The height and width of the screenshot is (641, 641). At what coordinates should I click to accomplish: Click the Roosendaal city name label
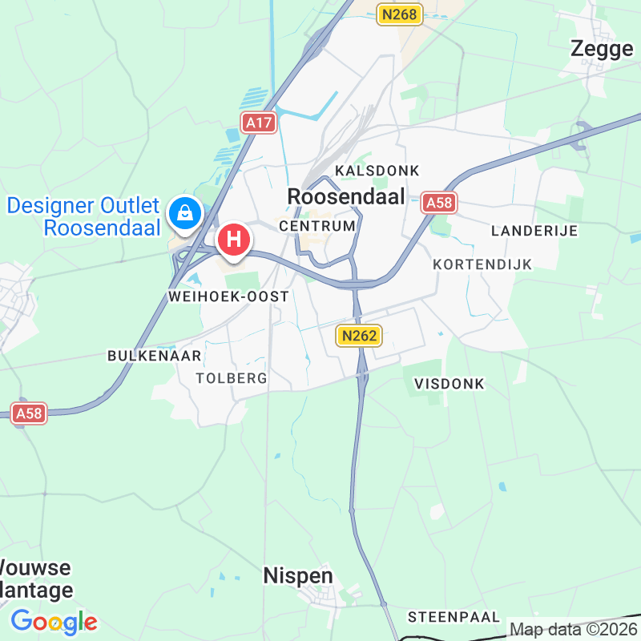345,196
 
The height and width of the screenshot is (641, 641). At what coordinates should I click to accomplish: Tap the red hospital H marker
234,239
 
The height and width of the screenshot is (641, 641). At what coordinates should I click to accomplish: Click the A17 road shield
259,123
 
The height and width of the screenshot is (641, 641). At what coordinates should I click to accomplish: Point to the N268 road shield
399,14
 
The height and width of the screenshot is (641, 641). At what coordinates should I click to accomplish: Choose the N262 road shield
357,336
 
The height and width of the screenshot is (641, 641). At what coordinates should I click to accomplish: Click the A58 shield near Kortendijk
439,203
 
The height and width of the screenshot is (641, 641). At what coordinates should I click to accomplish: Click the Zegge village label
602,49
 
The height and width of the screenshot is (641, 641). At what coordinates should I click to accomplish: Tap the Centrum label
317,227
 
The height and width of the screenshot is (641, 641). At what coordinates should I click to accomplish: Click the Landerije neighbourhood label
534,231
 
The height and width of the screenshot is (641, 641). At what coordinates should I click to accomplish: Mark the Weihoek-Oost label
228,296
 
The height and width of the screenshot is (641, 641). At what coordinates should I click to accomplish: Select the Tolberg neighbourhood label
231,378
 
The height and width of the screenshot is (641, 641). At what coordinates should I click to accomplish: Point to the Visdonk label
450,384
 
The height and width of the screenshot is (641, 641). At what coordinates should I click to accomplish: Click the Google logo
54,622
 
